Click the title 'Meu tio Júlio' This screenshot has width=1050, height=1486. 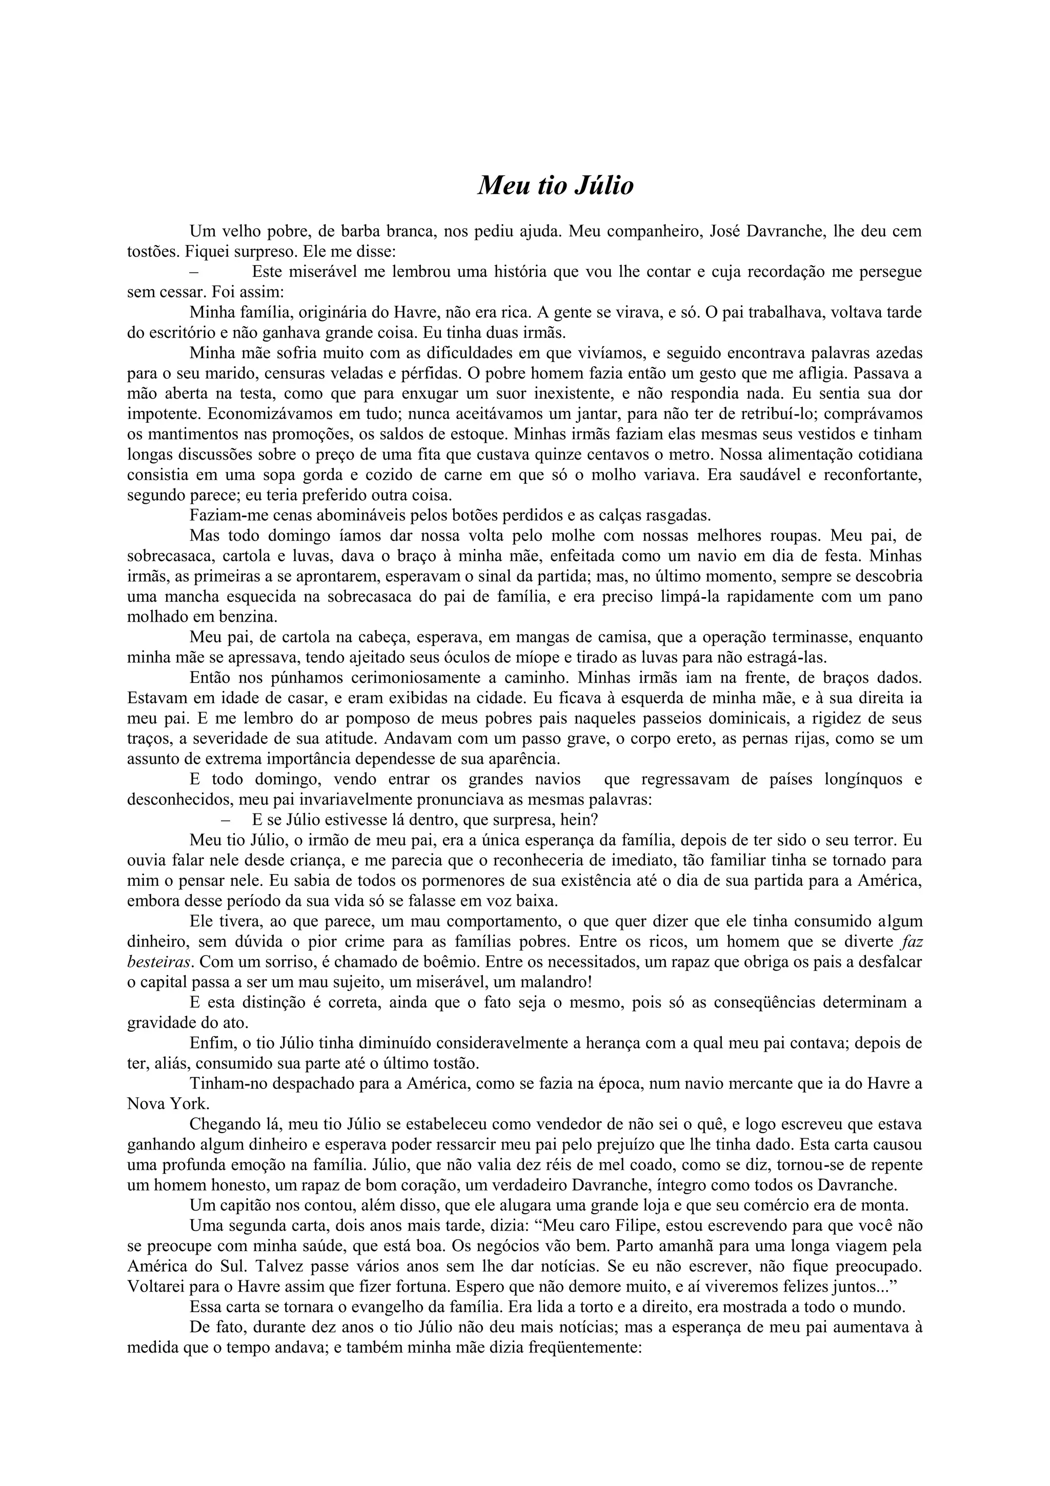coord(555,186)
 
